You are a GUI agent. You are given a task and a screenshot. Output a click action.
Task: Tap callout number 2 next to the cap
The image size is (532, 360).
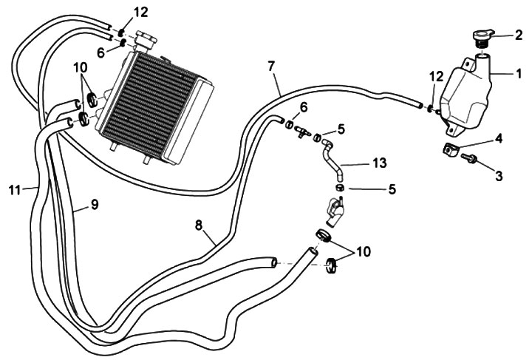(x=518, y=34)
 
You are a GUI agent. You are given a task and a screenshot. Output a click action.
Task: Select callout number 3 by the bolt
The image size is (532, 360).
(x=499, y=176)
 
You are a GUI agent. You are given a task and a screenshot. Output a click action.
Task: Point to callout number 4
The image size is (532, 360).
(x=499, y=137)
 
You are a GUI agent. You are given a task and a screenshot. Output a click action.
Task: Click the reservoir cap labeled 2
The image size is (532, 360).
(x=479, y=37)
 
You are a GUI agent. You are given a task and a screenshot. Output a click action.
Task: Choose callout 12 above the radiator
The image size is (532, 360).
(x=140, y=12)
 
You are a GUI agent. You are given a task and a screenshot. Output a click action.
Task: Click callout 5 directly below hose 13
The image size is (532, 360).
(x=392, y=189)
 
